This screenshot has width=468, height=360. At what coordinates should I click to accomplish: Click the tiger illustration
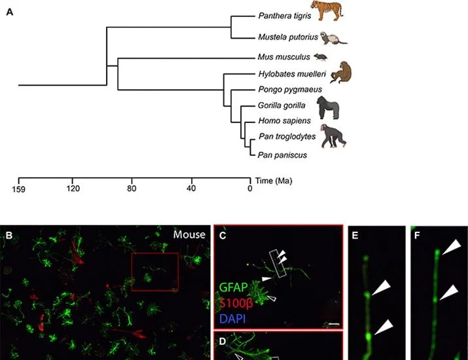click(327, 10)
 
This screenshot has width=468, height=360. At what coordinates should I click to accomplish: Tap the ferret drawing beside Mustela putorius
click(334, 38)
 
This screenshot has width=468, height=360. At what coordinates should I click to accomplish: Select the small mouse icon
click(321, 57)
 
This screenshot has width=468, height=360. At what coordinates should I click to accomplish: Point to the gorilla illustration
click(328, 107)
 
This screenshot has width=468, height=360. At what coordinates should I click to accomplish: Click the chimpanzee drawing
click(333, 136)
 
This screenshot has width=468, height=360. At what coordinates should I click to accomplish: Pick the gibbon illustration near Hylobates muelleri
click(341, 72)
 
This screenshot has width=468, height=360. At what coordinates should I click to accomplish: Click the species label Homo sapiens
click(285, 120)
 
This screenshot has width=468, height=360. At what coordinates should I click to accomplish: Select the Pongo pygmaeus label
click(290, 89)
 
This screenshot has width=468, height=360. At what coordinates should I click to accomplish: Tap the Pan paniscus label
click(282, 155)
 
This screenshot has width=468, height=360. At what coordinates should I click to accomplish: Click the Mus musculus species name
click(284, 57)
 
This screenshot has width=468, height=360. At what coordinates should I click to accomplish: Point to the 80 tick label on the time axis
click(132, 189)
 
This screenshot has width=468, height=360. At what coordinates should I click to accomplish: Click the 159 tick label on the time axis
click(18, 189)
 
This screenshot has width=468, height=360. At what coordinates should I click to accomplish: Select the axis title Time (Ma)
click(274, 181)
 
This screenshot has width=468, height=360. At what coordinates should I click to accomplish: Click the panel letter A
click(10, 12)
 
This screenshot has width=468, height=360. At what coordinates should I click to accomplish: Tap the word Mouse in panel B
click(189, 234)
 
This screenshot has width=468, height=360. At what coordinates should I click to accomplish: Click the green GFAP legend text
click(234, 287)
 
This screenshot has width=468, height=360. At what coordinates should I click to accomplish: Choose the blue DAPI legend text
click(232, 319)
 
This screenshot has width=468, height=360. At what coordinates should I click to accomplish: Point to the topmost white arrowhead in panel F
click(451, 246)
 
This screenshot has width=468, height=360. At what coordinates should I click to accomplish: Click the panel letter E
click(355, 236)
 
